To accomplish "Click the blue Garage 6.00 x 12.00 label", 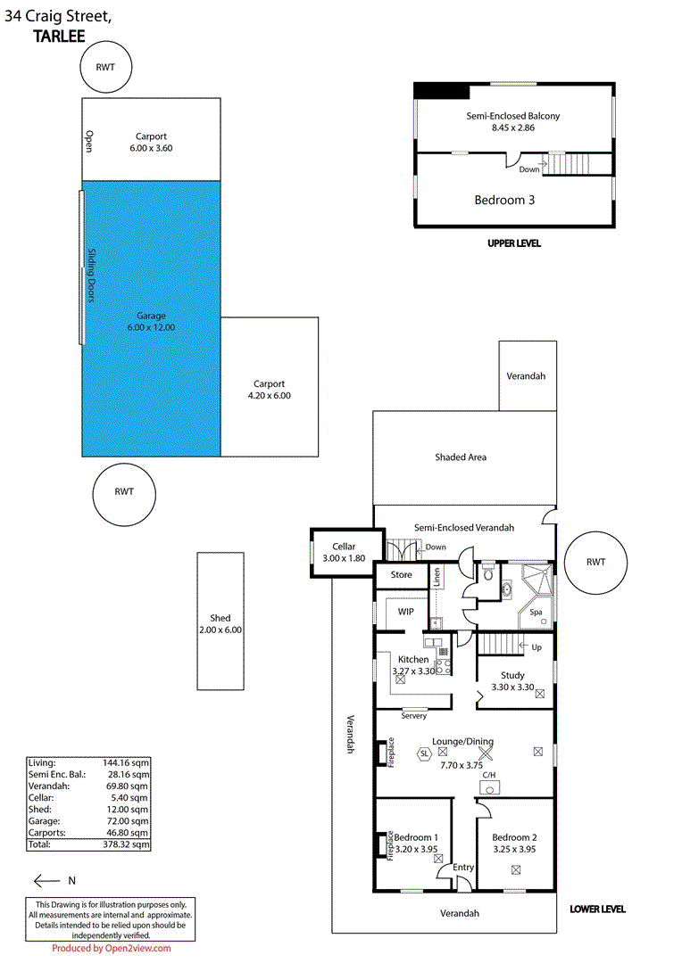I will (x=151, y=322).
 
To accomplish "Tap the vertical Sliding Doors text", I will (x=90, y=275).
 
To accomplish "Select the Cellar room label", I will (x=344, y=552).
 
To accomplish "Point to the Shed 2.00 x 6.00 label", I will (x=220, y=623).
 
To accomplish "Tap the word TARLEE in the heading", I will (x=61, y=37).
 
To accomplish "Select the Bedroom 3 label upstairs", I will (x=504, y=200).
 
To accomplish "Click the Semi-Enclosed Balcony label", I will (x=513, y=122).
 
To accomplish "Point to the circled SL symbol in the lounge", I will (x=424, y=753).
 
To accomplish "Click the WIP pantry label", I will (x=406, y=612).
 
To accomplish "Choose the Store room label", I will (x=402, y=575).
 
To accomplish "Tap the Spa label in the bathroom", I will (x=536, y=613).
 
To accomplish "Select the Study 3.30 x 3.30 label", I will (x=512, y=681).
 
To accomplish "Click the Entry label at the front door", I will (x=463, y=868).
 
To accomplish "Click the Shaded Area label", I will (x=461, y=457).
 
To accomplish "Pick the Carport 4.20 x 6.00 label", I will (x=269, y=390).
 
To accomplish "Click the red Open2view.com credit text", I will (x=111, y=949).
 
